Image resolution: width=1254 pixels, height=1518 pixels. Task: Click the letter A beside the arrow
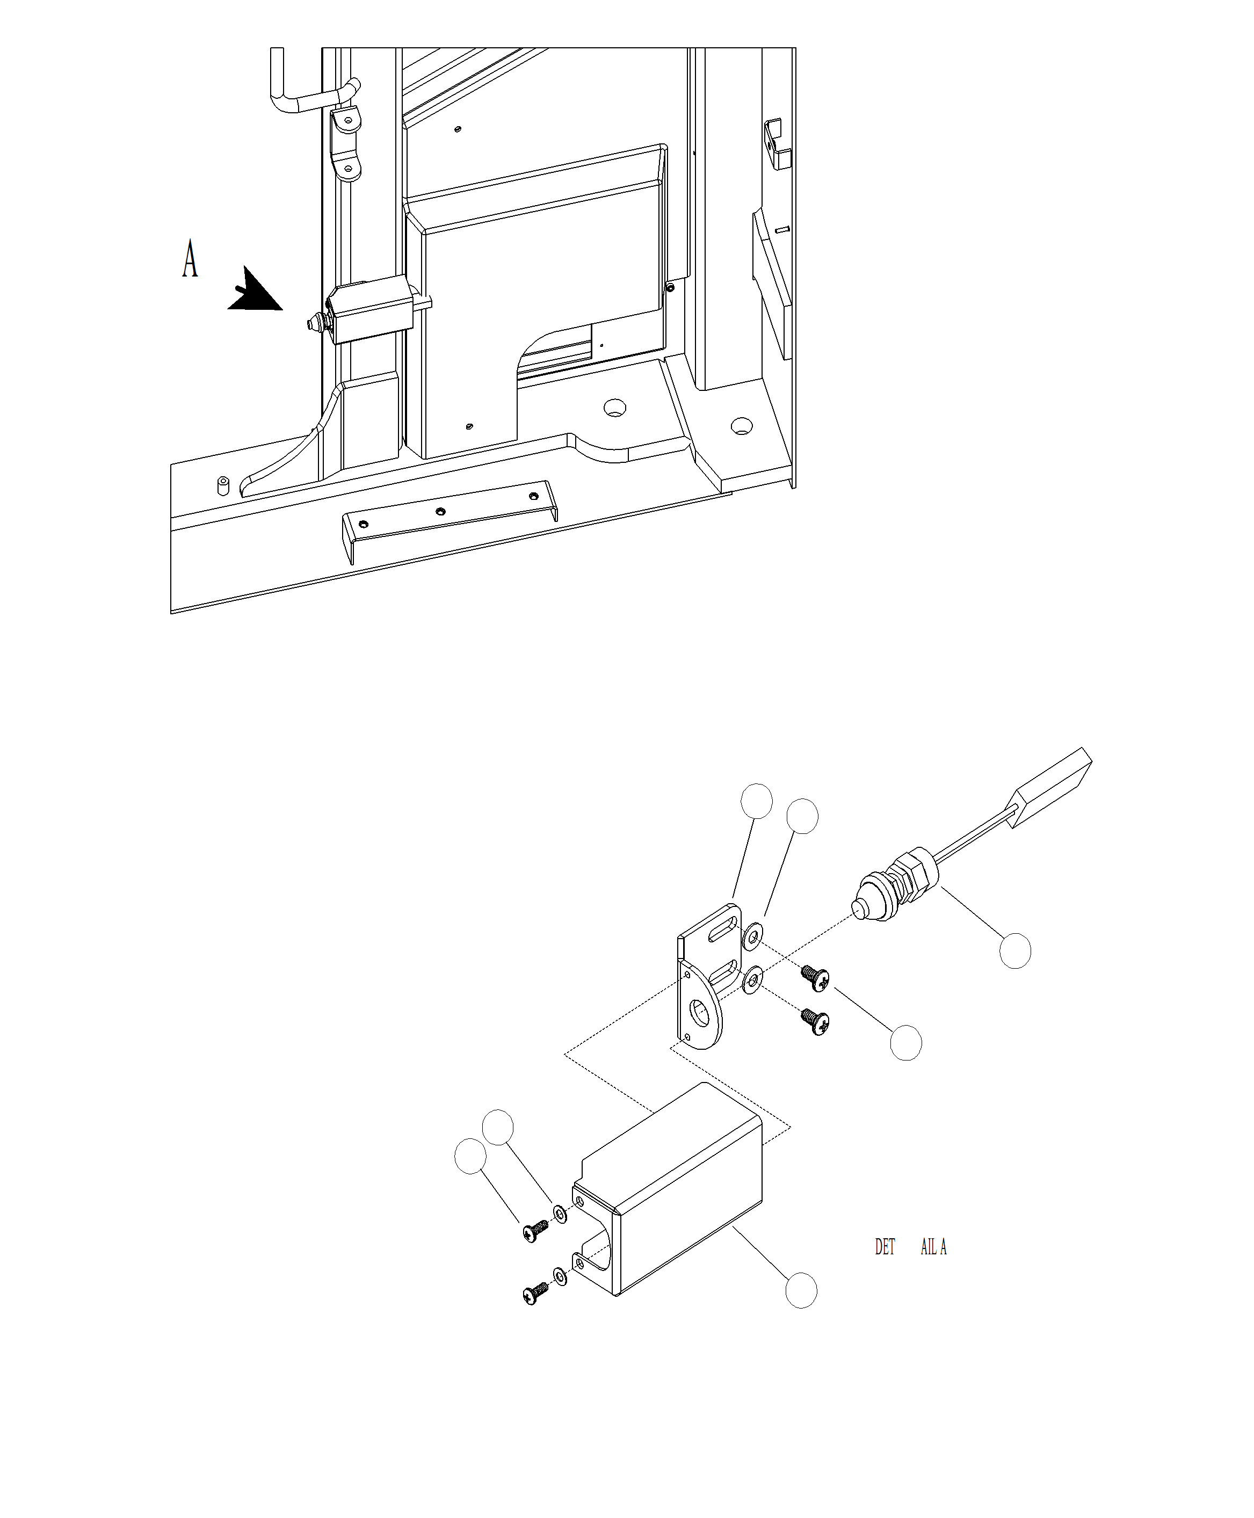[189, 258]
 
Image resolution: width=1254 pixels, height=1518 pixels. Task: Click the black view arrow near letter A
[254, 291]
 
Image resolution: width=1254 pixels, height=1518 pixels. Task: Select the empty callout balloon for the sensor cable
[1015, 951]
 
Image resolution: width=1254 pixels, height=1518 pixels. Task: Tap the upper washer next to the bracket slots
[753, 936]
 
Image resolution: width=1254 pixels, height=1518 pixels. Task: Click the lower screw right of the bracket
[816, 1022]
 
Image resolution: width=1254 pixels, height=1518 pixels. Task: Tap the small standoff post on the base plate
[223, 485]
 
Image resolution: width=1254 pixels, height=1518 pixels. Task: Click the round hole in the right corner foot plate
[741, 426]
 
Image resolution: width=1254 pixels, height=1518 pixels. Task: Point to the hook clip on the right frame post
[777, 144]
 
